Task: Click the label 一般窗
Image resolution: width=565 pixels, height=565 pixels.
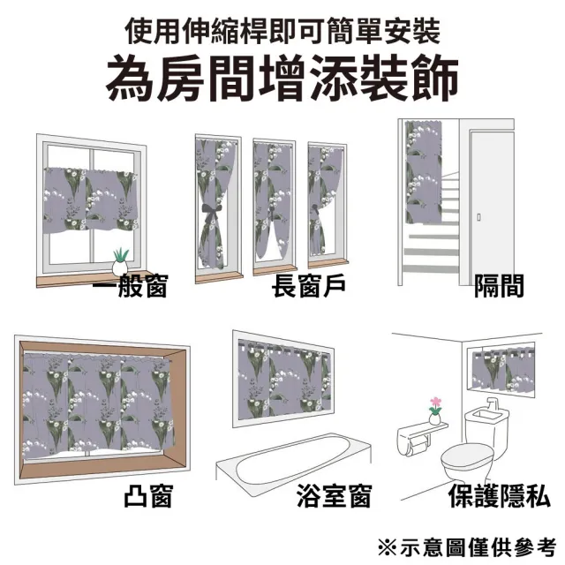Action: [130, 286]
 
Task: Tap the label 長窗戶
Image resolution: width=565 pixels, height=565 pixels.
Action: [309, 286]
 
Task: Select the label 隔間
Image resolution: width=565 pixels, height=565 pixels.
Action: [499, 286]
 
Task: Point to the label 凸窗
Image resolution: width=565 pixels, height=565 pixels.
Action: [149, 496]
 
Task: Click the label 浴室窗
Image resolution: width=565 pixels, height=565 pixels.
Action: [335, 496]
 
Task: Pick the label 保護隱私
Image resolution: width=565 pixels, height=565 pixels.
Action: [500, 496]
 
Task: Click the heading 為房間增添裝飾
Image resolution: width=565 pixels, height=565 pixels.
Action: [282, 79]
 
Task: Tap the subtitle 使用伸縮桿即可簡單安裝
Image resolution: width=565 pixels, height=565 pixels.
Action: [282, 32]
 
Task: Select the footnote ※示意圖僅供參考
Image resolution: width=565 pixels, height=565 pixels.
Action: [468, 548]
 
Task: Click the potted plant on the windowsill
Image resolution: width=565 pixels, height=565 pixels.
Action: [120, 262]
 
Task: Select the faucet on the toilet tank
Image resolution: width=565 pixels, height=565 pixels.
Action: [493, 405]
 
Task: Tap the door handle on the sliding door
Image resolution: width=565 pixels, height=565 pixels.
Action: [478, 217]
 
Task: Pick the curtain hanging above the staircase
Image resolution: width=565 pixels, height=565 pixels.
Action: [424, 171]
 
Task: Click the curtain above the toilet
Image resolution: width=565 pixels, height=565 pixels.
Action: [503, 369]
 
